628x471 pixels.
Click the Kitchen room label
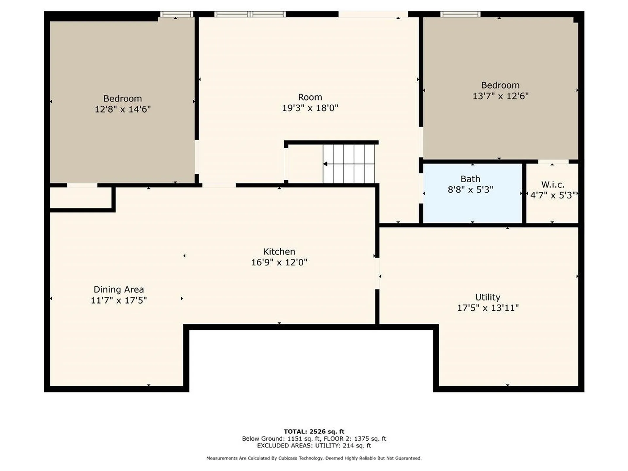[279, 252]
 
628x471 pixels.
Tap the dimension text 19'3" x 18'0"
[310, 108]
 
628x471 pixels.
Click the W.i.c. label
[552, 184]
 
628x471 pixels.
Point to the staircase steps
[349, 164]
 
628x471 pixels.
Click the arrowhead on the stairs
[325, 164]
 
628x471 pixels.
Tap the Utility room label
[487, 297]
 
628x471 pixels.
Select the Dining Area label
[118, 289]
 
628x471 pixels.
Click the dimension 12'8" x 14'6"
[122, 109]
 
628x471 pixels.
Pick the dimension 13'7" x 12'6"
[500, 96]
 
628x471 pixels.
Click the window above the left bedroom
[176, 14]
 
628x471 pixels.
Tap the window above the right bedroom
[460, 14]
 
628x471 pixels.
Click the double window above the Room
[250, 14]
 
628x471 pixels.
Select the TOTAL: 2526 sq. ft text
[314, 431]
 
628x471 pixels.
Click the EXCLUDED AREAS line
[314, 445]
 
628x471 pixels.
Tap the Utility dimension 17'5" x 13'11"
[487, 308]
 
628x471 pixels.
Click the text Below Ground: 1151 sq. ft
[281, 439]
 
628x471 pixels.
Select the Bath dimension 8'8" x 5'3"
[470, 190]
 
